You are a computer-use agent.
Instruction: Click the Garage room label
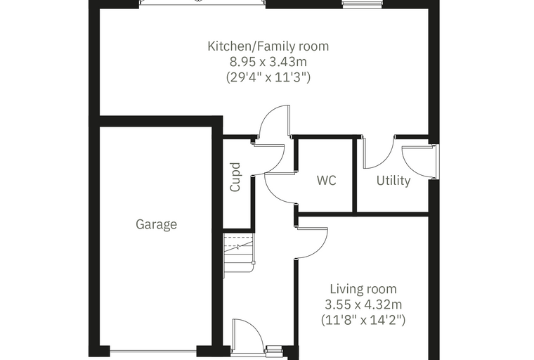tap(156, 224)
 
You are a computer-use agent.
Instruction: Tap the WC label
tap(327, 180)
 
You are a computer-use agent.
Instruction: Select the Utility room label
tap(393, 180)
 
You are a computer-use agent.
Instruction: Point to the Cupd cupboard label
tap(235, 177)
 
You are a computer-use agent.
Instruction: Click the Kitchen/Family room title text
tap(268, 46)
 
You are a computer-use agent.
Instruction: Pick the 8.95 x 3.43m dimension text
tap(268, 62)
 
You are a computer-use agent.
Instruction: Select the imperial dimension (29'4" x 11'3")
tap(268, 77)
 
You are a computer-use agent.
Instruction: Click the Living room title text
tap(363, 289)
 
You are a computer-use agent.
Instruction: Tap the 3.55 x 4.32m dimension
tap(363, 304)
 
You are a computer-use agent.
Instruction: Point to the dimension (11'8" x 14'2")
tap(363, 320)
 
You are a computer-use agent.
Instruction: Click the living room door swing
tap(312, 243)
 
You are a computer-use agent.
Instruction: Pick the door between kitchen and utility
tap(379, 152)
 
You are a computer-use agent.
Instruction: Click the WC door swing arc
tap(279, 189)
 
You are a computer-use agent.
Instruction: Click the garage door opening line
tap(153, 351)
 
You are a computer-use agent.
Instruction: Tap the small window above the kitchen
tap(363, 4)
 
